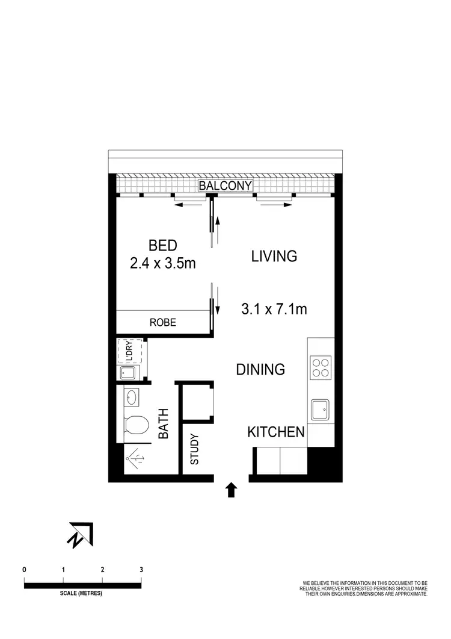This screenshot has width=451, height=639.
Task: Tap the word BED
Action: (162, 246)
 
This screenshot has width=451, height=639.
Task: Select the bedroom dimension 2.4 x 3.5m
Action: (162, 263)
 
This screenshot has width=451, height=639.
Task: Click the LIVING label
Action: (274, 256)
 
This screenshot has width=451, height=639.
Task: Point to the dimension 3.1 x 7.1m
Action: (274, 310)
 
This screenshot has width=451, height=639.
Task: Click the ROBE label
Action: (162, 323)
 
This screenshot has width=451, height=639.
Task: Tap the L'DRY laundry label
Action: (128, 351)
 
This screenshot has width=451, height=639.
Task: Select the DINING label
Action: (260, 369)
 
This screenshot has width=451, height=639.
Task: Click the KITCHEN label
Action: (276, 432)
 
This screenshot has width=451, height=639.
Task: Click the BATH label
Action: (162, 423)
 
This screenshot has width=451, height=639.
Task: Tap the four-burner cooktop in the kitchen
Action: (321, 367)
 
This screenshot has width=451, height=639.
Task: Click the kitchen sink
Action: (320, 410)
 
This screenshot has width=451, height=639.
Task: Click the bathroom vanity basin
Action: (132, 397)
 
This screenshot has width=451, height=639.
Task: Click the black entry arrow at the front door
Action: (231, 490)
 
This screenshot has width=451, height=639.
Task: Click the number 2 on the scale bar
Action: (102, 569)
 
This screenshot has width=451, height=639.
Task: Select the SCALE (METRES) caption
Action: (81, 593)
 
